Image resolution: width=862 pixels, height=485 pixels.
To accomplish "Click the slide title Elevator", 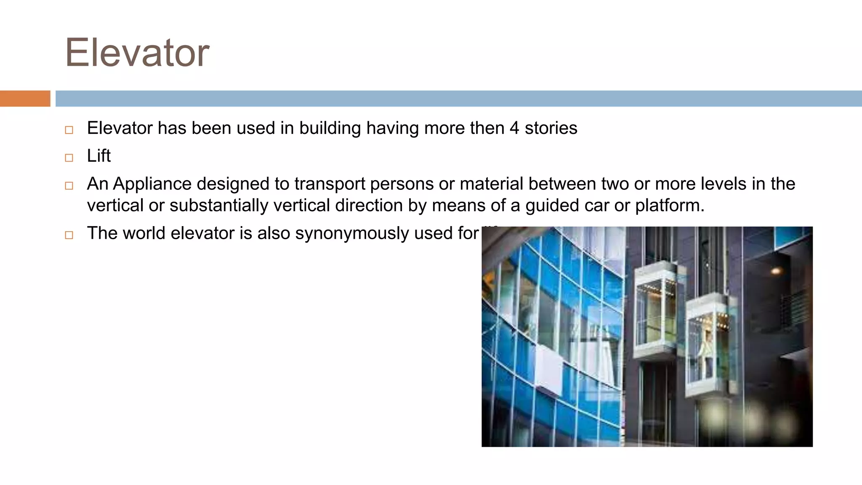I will pos(137,53).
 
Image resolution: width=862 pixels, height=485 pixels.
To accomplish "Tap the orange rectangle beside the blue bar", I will pos(25,99).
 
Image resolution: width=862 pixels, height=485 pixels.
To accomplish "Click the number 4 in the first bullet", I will pos(514,128).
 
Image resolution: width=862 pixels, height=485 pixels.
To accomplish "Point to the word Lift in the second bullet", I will pos(98,156).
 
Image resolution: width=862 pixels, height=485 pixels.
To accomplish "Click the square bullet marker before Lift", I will pos(69,158).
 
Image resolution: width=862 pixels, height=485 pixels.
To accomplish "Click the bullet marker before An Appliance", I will pos(69,186).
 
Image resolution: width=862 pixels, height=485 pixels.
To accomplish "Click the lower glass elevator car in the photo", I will pos(709,347).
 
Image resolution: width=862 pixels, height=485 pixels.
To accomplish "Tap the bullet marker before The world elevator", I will pos(69,235).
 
